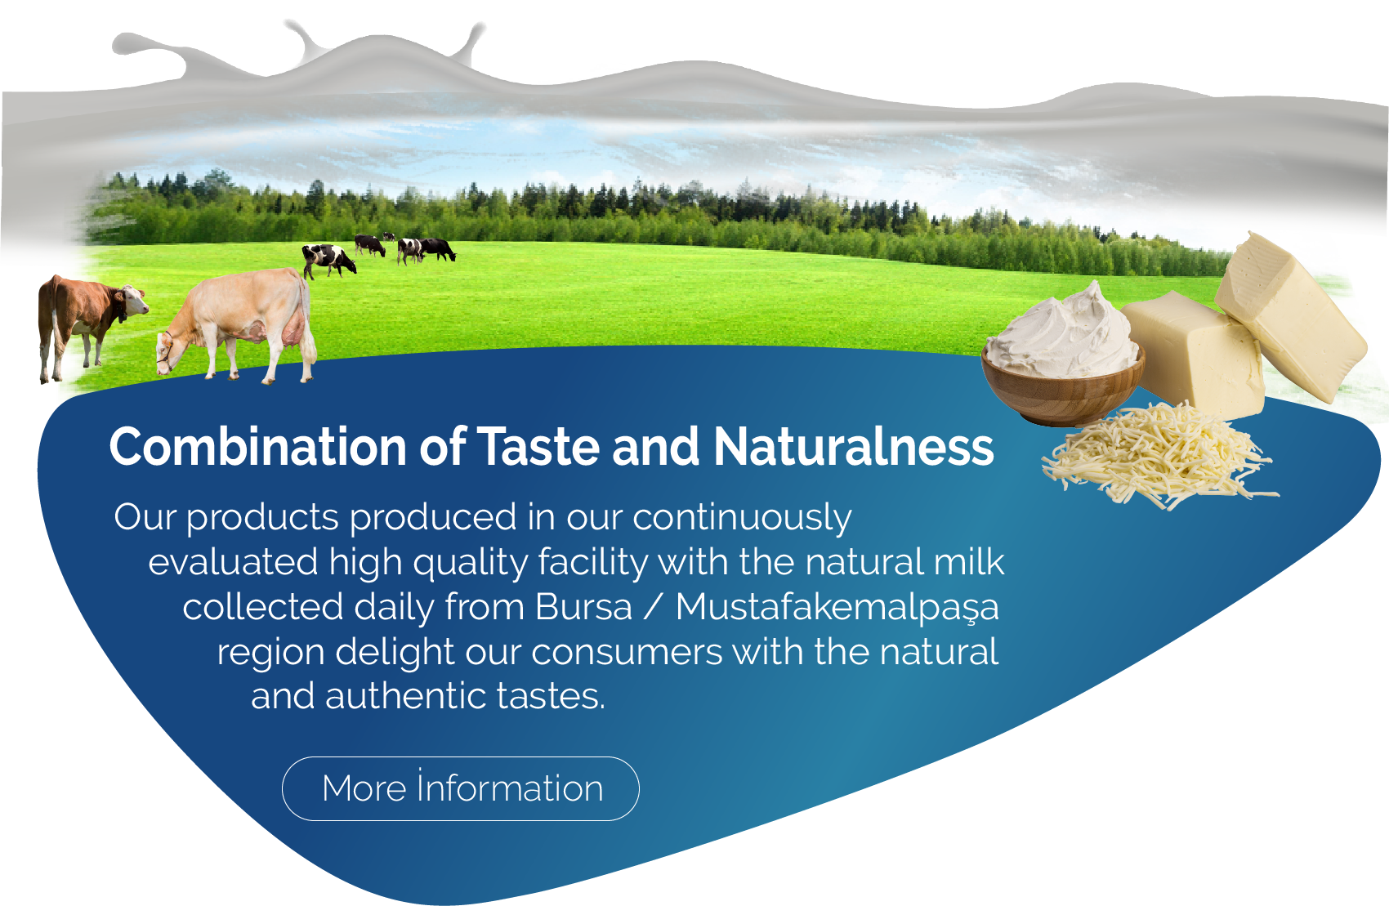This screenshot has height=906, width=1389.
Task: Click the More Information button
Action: [461, 788]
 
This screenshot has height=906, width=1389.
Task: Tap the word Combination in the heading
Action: [257, 447]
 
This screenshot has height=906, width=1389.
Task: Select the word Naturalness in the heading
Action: [854, 447]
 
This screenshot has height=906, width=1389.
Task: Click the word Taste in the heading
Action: [539, 447]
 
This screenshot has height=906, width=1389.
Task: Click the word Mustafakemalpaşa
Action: [837, 608]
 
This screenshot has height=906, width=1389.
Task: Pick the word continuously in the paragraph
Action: [742, 519]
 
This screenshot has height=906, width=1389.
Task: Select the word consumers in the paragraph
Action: [627, 653]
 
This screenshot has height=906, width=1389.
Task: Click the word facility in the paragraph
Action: [592, 562]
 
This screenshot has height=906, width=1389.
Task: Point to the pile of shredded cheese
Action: [1156, 456]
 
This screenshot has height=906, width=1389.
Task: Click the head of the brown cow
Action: [132, 300]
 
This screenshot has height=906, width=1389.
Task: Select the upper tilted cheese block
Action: [1290, 315]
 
